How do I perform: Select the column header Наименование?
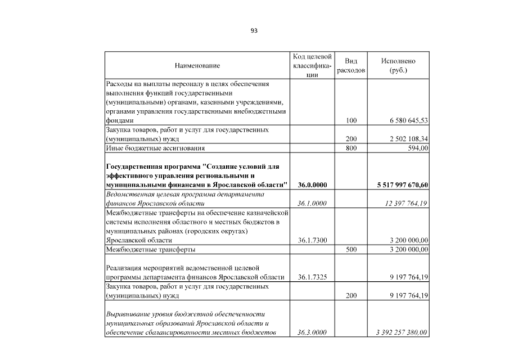[197, 66]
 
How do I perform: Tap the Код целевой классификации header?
[312, 66]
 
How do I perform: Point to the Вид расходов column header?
[351, 66]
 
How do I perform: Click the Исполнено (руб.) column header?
[398, 66]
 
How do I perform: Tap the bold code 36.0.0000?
[312, 184]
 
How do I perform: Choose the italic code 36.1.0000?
[312, 203]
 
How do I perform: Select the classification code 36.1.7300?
[312, 240]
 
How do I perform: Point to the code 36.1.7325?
[312, 277]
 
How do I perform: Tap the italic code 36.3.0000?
[312, 332]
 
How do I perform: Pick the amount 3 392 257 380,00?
[402, 332]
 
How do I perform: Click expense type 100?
[351, 120]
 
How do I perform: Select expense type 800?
[351, 148]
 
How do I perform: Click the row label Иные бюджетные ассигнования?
[155, 148]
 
